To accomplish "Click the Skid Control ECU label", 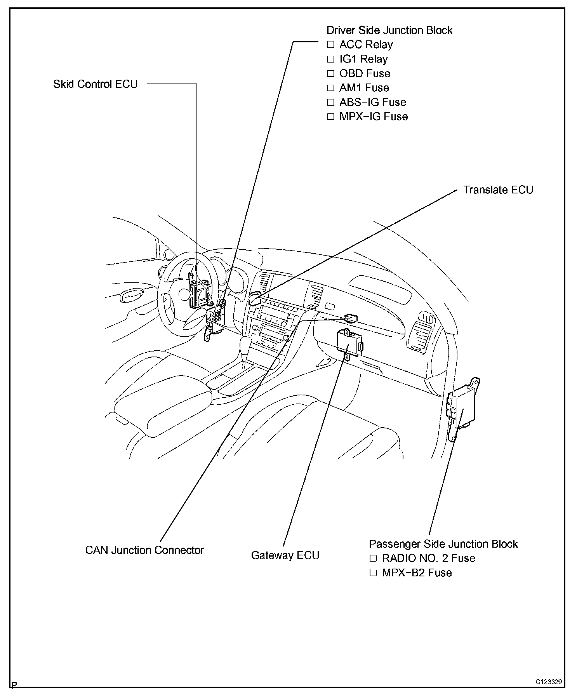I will pos(96,84).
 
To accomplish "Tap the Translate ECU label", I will pos(498,190).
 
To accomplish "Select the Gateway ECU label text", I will pos(285,555).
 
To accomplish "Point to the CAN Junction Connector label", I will pos(144,550).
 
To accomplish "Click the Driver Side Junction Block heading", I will pos(389,30).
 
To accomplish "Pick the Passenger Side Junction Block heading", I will pos(443,544).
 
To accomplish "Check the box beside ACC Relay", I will pos(330,45).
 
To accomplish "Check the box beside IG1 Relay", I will pos(330,59).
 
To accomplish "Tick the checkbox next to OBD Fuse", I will pos(330,73).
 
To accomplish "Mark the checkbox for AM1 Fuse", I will pos(330,88).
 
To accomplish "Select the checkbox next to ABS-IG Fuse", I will pos(330,102).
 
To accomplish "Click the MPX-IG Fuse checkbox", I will pos(330,117).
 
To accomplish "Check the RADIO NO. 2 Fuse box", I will pos(373,559).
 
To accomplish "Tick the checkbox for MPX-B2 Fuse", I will pos(373,573).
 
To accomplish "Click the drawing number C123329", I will pos(549,682).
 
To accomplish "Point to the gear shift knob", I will pos(246,344).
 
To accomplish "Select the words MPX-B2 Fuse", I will pos(417,573).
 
